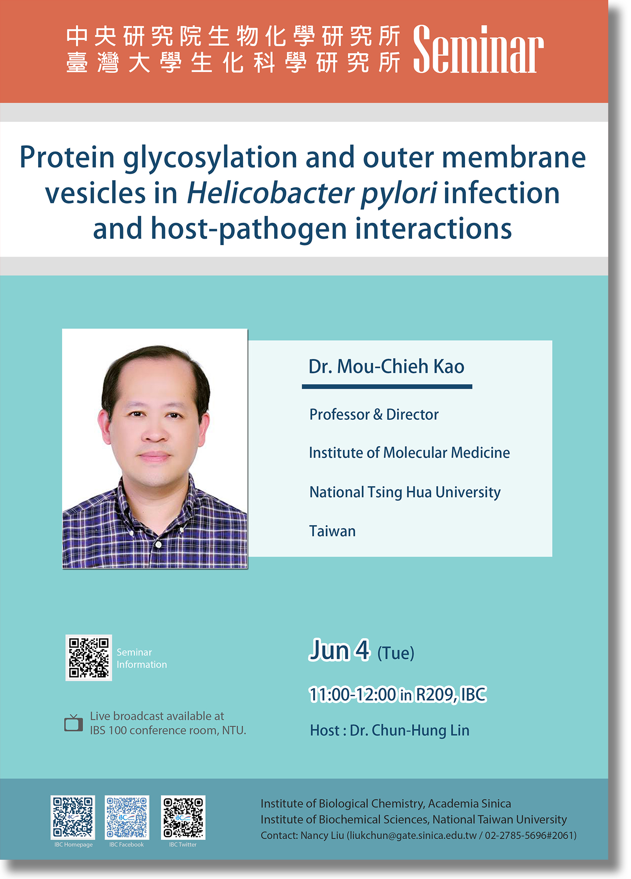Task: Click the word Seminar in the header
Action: coord(478,49)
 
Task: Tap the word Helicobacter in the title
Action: coord(270,193)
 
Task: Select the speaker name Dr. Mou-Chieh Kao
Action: coord(386,366)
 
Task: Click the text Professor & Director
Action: coord(374,414)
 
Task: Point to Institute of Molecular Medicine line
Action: coord(409,453)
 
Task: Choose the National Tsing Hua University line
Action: coord(405,492)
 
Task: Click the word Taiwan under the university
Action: coord(332,531)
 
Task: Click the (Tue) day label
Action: coord(396,653)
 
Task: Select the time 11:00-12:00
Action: coord(353,695)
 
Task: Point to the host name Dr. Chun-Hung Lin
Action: coord(409,731)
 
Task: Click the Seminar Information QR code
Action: coord(89,657)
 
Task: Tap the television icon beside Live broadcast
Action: coord(74,723)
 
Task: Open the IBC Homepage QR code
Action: coord(73,817)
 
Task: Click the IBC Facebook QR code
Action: coord(127,817)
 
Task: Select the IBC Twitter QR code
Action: coord(183,817)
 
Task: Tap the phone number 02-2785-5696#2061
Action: coord(529,836)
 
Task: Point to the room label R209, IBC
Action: coord(451,695)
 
